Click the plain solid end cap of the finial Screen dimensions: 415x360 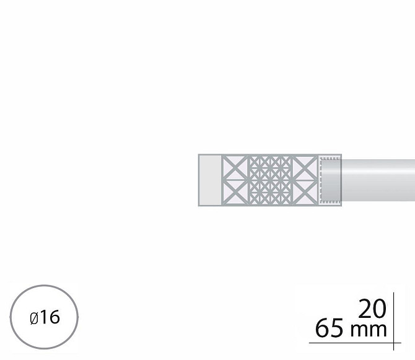210,180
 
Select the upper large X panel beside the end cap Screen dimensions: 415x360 235,167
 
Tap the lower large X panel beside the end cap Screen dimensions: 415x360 235,193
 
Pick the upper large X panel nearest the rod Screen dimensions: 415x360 305,167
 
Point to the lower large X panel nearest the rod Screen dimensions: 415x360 305,193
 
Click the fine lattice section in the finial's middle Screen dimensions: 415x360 270,180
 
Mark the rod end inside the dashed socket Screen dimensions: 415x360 330,180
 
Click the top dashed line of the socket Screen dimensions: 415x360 330,158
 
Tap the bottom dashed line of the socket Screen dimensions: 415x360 330,202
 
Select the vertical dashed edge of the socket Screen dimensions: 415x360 321,180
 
